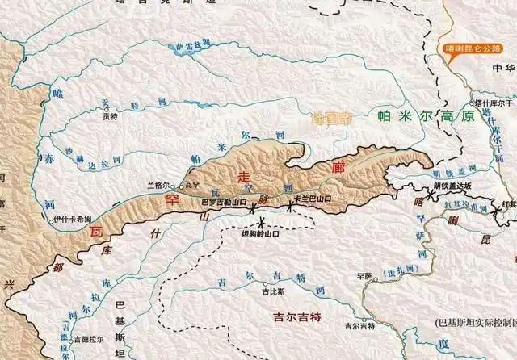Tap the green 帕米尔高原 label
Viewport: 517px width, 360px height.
[419, 116]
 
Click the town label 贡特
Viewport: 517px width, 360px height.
[110, 116]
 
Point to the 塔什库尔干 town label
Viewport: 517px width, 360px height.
[494, 103]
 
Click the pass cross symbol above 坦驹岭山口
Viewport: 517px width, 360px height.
[262, 222]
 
